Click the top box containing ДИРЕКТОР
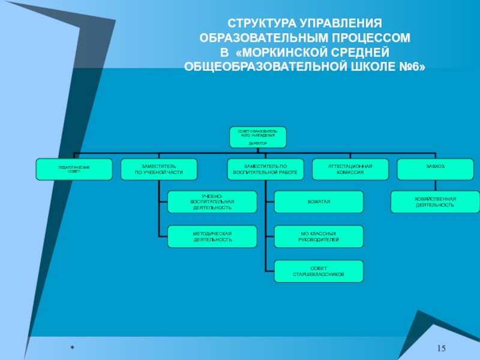point(257,137)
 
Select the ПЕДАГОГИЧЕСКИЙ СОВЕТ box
point(74,169)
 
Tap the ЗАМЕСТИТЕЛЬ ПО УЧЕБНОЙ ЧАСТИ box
point(159,169)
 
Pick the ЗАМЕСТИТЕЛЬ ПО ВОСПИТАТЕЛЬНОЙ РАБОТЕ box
point(265,169)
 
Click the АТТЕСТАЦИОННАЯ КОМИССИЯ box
point(350,169)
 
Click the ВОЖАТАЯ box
point(319,202)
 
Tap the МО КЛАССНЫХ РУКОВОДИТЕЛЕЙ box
point(319,236)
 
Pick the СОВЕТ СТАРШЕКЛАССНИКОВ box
point(319,271)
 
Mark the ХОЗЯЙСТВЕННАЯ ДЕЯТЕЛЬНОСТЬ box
point(435,202)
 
